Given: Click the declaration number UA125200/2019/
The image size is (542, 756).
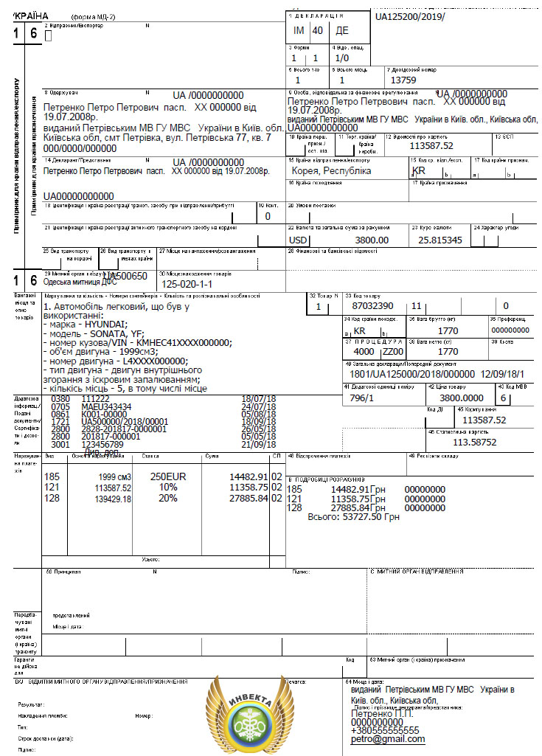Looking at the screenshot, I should [x=410, y=15].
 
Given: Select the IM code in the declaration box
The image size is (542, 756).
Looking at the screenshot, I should [x=299, y=31].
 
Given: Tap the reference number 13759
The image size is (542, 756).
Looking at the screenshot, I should [x=403, y=80].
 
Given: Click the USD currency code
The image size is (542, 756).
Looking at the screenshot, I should [x=298, y=240].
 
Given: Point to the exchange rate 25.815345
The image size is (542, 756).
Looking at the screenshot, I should [x=440, y=240].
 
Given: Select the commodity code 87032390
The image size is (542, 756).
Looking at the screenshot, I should [x=373, y=305].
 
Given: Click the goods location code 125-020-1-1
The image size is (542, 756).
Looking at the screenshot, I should [x=187, y=284].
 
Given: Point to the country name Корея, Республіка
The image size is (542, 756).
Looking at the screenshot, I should [x=331, y=170].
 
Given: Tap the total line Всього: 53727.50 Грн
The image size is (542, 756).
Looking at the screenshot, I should [x=352, y=518].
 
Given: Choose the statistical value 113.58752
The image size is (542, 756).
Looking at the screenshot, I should [x=474, y=442].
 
